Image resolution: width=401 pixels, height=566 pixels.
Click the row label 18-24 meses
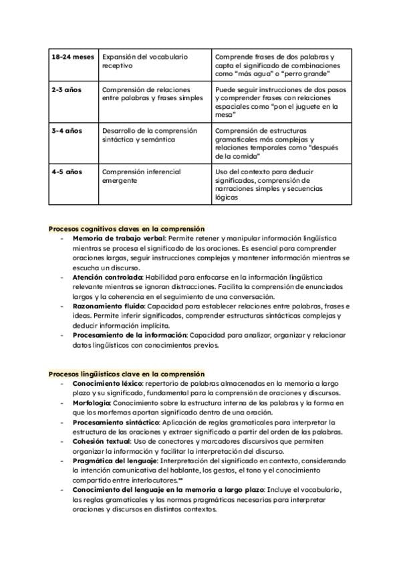73,57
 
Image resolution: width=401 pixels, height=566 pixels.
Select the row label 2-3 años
65,89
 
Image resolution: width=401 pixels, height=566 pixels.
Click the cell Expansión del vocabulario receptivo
144,61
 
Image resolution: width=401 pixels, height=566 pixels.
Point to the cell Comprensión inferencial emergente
141,176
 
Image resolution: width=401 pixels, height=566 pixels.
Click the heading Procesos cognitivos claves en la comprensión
126,229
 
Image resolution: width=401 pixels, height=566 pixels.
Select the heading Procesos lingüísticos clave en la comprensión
126,374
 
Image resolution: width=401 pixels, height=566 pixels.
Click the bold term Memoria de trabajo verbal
118,238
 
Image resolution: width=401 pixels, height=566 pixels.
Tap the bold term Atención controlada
107,276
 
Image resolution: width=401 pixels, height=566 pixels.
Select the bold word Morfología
92,403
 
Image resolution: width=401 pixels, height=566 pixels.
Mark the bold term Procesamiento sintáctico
116,422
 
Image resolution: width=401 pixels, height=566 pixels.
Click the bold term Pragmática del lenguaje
114,461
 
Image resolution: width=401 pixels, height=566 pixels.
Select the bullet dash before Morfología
61,403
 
